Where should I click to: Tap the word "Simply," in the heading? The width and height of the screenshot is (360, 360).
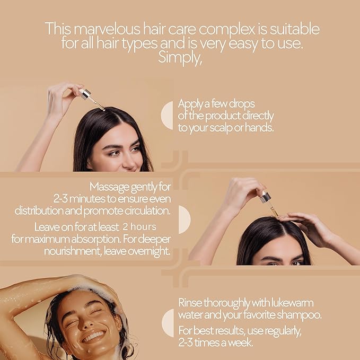pyautogui.click(x=180, y=58)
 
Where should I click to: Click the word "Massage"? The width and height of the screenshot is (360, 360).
pyautogui.click(x=110, y=187)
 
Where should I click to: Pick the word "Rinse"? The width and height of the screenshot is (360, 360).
pyautogui.click(x=191, y=302)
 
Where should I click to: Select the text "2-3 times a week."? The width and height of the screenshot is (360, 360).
pyautogui.click(x=215, y=342)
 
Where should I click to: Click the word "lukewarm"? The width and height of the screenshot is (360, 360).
pyautogui.click(x=287, y=302)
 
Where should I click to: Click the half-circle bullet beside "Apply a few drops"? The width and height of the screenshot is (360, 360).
pyautogui.click(x=168, y=116)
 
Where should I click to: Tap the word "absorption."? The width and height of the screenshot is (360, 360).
pyautogui.click(x=91, y=239)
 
